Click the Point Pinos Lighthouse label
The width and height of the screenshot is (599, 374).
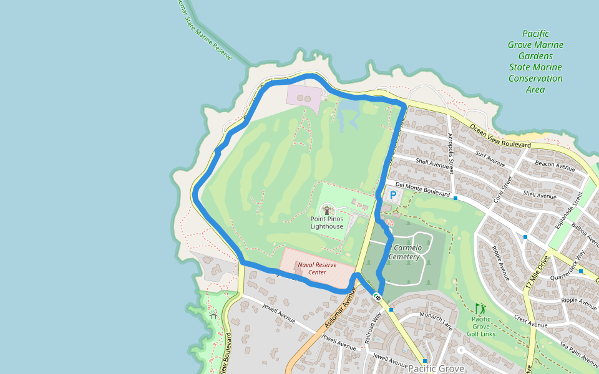[327, 223]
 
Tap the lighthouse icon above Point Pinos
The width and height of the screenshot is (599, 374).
[327, 210]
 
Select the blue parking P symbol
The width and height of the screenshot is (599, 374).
[393, 195]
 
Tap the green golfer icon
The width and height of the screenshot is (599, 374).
[480, 309]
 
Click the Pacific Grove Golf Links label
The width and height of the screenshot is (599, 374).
[480, 326]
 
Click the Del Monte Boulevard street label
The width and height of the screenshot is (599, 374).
[422, 189]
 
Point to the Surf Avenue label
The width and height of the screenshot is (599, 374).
[490, 159]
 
